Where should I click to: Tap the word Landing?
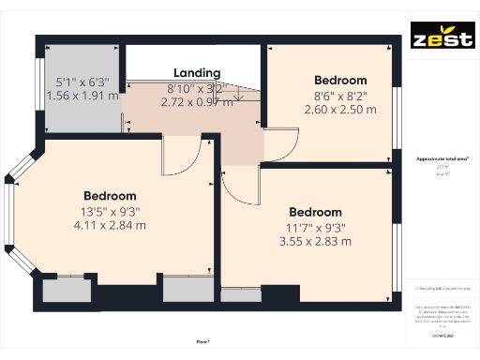click(x=197, y=73)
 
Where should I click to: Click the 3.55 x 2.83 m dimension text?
click(x=314, y=241)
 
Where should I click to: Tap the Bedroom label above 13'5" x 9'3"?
click(x=110, y=196)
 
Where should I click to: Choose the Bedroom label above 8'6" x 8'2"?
click(x=339, y=80)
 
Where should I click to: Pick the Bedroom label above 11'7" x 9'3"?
click(x=315, y=212)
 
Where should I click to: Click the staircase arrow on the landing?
click(x=239, y=94)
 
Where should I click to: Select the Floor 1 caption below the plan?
click(x=203, y=343)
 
